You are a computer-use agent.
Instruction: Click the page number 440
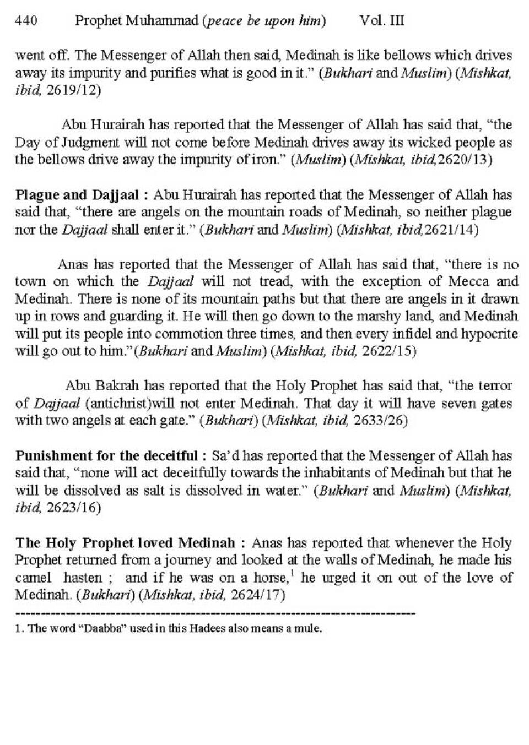click(26, 21)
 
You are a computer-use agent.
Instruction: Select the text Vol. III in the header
click(381, 21)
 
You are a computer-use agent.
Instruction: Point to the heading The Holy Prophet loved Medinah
click(126, 543)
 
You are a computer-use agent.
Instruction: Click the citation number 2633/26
click(380, 421)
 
